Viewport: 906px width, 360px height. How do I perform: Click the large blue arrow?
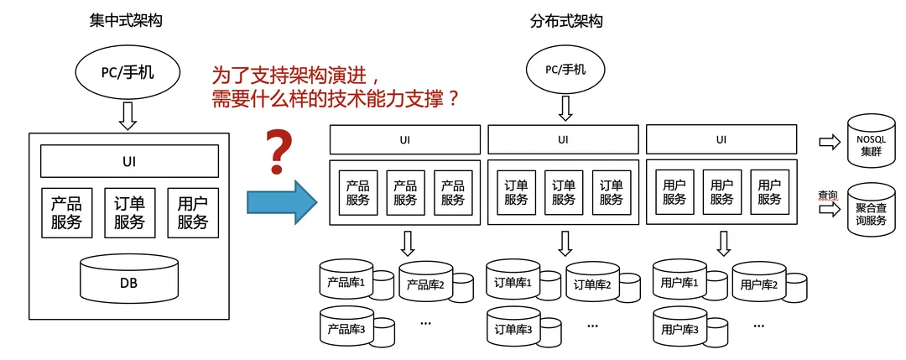pos(282,202)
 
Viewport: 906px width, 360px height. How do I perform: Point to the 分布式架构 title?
pos(566,21)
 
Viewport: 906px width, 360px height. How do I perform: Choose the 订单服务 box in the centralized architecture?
pos(129,213)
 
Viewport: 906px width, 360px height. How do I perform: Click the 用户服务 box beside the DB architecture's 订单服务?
pos(193,213)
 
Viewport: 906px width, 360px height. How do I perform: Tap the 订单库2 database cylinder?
pos(595,284)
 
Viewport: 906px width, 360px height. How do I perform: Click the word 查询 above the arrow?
pos(828,196)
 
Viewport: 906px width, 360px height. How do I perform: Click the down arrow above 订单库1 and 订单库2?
pos(565,243)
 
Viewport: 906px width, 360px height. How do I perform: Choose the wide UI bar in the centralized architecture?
pos(129,160)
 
